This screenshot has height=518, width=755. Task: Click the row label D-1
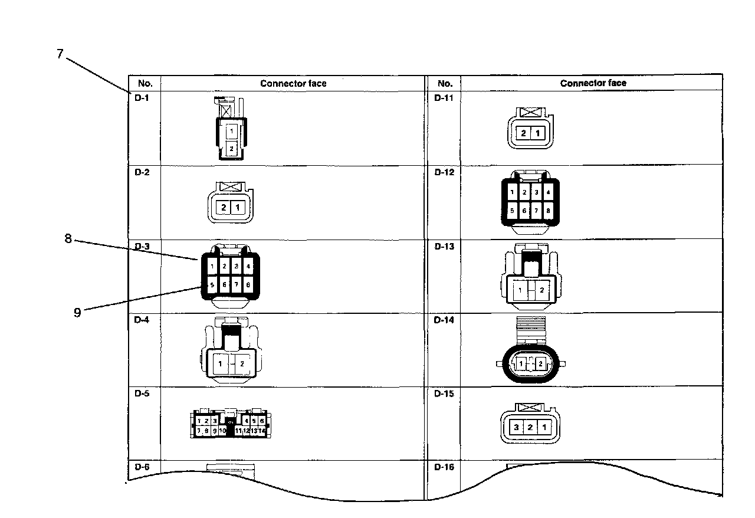[141, 98]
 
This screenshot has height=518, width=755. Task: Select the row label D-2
[141, 172]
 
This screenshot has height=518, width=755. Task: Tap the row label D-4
[141, 320]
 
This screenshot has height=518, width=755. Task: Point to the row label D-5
[141, 394]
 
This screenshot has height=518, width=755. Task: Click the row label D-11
[444, 98]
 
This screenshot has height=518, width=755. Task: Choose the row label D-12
[444, 172]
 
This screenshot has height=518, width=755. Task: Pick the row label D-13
[444, 246]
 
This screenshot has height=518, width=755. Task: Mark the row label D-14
[444, 320]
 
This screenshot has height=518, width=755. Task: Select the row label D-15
[444, 394]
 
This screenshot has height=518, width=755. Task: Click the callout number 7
[60, 54]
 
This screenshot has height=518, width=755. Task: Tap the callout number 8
[68, 239]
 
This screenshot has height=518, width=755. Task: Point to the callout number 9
[77, 312]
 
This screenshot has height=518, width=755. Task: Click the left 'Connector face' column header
[293, 83]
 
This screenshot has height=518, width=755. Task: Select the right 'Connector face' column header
[593, 83]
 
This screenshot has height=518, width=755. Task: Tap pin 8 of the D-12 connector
[549, 211]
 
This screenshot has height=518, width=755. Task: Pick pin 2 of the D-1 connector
[232, 148]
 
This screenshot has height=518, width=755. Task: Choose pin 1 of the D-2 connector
[238, 208]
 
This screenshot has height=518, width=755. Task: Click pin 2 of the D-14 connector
[540, 364]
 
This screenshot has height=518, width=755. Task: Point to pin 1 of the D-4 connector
[221, 363]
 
